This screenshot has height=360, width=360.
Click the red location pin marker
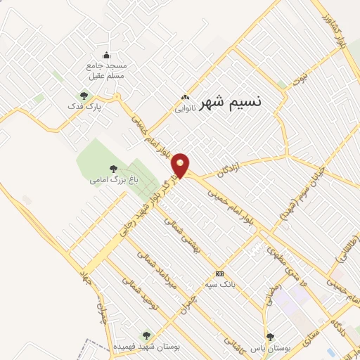(181, 165)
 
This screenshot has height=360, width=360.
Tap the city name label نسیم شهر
(230, 102)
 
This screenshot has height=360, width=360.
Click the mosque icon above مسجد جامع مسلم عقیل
(106, 56)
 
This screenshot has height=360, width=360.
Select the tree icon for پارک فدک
(84, 96)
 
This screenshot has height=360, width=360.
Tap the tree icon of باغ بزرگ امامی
(113, 168)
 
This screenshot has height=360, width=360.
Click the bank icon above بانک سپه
(220, 274)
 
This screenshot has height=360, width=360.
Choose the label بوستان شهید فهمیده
(146, 347)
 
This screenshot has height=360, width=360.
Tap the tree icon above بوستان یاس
(269, 337)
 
